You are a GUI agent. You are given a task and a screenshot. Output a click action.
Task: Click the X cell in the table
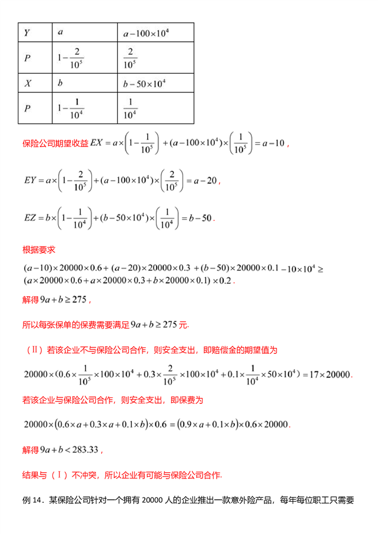(27, 83)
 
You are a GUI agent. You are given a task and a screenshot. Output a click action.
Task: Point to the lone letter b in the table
(61, 83)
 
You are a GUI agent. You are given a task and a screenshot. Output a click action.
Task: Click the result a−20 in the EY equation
(203, 180)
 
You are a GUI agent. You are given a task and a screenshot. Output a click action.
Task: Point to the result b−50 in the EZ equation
(200, 217)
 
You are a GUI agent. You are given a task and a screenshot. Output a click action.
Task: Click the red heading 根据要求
(39, 249)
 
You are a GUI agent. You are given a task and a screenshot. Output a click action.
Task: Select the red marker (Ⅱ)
(35, 350)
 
